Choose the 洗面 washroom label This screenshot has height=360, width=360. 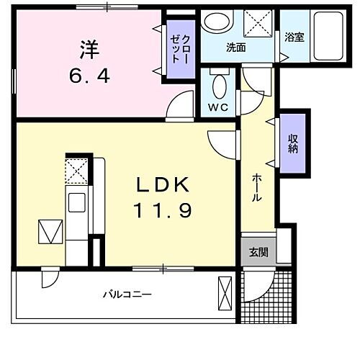[x=235, y=48]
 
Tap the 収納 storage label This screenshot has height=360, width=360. [x=294, y=144]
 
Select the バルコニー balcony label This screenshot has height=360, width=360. [x=127, y=294]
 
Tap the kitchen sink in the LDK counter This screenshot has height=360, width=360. [x=76, y=202]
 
